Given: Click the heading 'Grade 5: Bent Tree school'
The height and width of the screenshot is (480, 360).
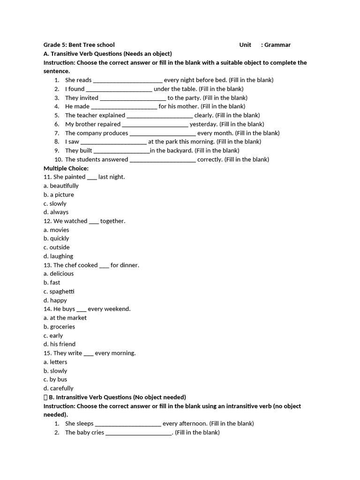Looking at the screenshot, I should pos(79,45).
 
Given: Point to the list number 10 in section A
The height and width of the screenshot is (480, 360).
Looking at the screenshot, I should pos(58,159).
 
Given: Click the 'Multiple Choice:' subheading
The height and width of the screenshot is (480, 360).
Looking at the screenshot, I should pos(66,168).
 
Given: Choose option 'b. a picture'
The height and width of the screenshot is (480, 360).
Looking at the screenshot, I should pos(59,195).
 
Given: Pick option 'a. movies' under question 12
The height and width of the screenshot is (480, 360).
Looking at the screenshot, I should pos(56,230).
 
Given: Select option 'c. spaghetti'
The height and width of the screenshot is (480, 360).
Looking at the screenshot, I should pos(59,292).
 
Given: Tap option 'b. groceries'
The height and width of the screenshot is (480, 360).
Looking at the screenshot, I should pos(59,327).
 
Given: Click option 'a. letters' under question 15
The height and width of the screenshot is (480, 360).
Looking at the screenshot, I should pos(55,362).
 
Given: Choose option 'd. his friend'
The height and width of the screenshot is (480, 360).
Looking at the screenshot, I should pos(60,344).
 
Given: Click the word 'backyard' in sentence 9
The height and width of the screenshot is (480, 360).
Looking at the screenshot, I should pos(180,150).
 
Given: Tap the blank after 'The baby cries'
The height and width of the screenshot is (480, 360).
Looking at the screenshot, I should pos(139,433).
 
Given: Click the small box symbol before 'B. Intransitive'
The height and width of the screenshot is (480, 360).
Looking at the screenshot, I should pos(45,397).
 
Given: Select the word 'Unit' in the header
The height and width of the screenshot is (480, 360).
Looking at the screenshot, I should pos(245,45).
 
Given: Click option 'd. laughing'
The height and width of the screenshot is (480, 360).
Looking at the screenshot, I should pos(58,256).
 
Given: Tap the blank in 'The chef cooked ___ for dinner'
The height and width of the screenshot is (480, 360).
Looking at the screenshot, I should pos(104,265).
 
